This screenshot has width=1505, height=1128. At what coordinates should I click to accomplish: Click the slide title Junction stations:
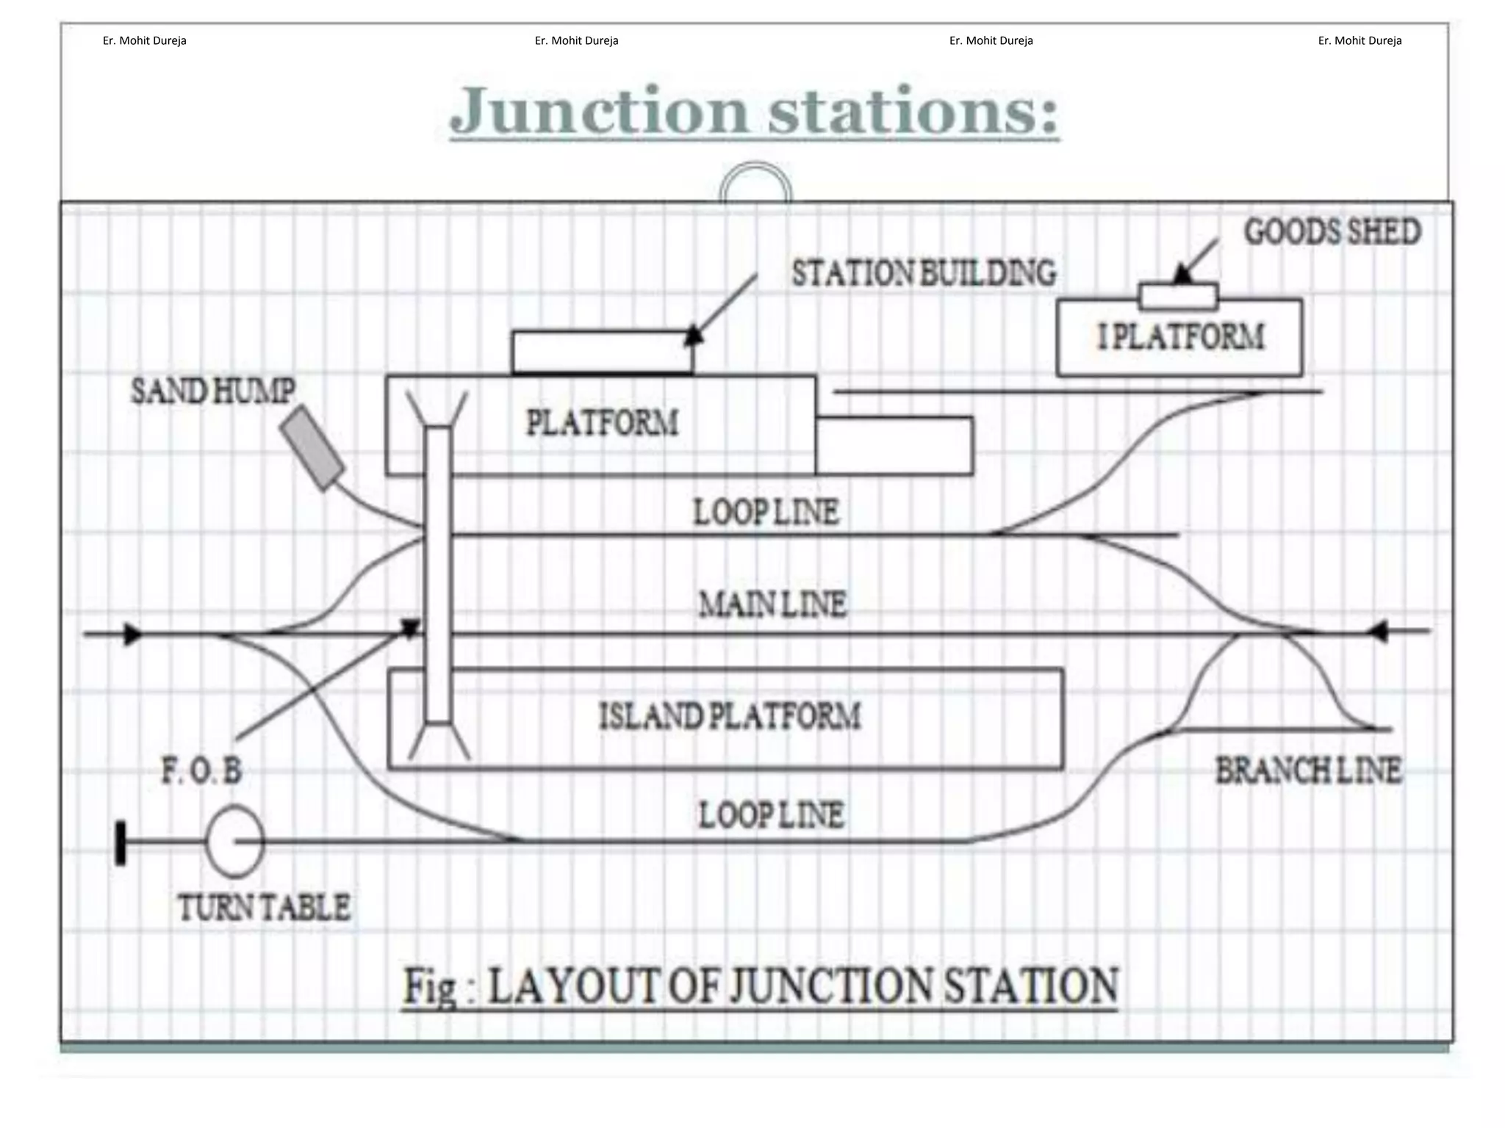click(754, 112)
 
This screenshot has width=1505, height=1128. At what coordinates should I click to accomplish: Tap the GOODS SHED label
click(1332, 232)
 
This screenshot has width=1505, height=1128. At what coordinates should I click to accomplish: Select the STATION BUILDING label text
click(923, 273)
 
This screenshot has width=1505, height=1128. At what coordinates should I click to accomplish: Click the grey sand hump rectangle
click(312, 448)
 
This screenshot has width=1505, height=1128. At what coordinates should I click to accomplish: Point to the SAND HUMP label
click(213, 391)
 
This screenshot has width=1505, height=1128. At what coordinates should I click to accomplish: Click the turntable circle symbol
click(234, 841)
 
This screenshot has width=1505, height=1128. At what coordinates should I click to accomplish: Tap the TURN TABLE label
click(265, 908)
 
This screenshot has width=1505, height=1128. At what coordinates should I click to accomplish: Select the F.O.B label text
click(201, 772)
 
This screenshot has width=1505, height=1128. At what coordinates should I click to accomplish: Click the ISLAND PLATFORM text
click(730, 716)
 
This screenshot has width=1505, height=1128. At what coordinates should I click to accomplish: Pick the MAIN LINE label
click(772, 604)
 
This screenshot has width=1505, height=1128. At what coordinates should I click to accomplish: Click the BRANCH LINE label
click(1308, 771)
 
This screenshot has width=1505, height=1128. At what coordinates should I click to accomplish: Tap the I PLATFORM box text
click(1180, 337)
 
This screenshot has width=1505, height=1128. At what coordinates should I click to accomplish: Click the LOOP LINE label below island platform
click(771, 815)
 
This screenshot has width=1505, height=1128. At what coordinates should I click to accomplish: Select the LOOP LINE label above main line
click(766, 512)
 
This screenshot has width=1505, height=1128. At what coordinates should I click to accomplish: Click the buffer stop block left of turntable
click(121, 843)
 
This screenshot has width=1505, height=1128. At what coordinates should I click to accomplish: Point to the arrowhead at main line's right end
click(1377, 631)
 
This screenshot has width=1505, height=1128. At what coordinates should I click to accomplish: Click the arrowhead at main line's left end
click(133, 634)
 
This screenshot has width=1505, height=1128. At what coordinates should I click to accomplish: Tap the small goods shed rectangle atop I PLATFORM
click(1178, 296)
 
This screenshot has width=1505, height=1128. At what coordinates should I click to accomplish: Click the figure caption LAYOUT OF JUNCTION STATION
click(760, 986)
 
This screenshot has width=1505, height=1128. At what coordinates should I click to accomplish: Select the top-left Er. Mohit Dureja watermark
click(144, 41)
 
